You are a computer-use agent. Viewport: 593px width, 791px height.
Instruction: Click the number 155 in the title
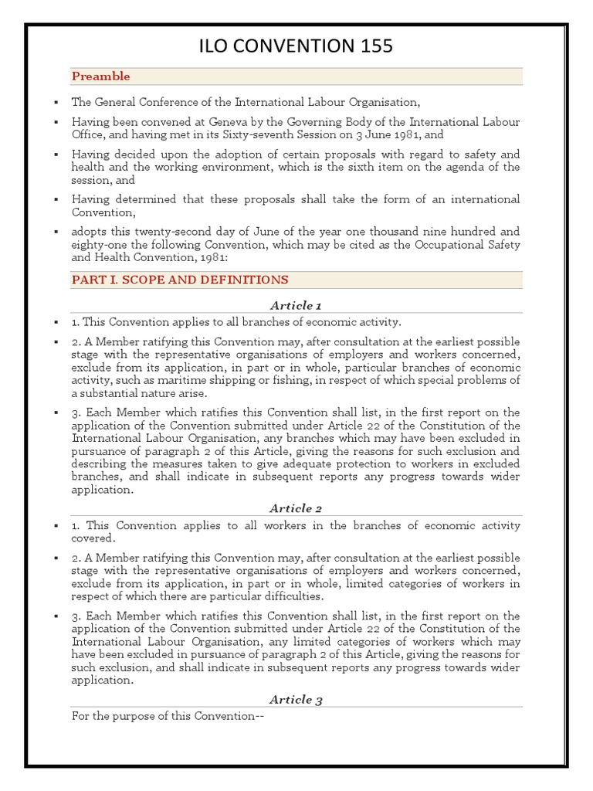tap(370, 47)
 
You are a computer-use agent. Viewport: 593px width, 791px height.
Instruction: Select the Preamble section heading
tap(101, 76)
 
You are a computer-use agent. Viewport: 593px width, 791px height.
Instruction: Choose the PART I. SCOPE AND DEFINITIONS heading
tap(180, 280)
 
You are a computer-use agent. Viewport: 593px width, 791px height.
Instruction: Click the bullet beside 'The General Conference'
tap(56, 102)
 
